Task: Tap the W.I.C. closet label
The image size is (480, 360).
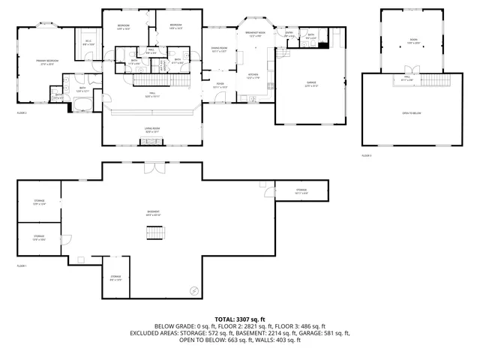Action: click(x=88, y=43)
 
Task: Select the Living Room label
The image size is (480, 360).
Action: click(x=153, y=130)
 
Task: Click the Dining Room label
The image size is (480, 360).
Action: click(x=218, y=50)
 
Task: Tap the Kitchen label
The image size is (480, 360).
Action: click(x=252, y=76)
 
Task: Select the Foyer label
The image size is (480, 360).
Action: click(x=220, y=85)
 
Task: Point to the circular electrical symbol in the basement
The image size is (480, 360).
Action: click(x=195, y=290)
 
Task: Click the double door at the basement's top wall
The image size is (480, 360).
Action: click(x=154, y=166)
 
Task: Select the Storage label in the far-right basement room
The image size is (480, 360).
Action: click(x=301, y=191)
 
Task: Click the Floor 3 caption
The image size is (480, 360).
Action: click(x=366, y=155)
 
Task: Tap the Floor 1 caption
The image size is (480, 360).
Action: click(x=22, y=266)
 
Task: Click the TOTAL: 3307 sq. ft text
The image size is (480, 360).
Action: click(x=240, y=319)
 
